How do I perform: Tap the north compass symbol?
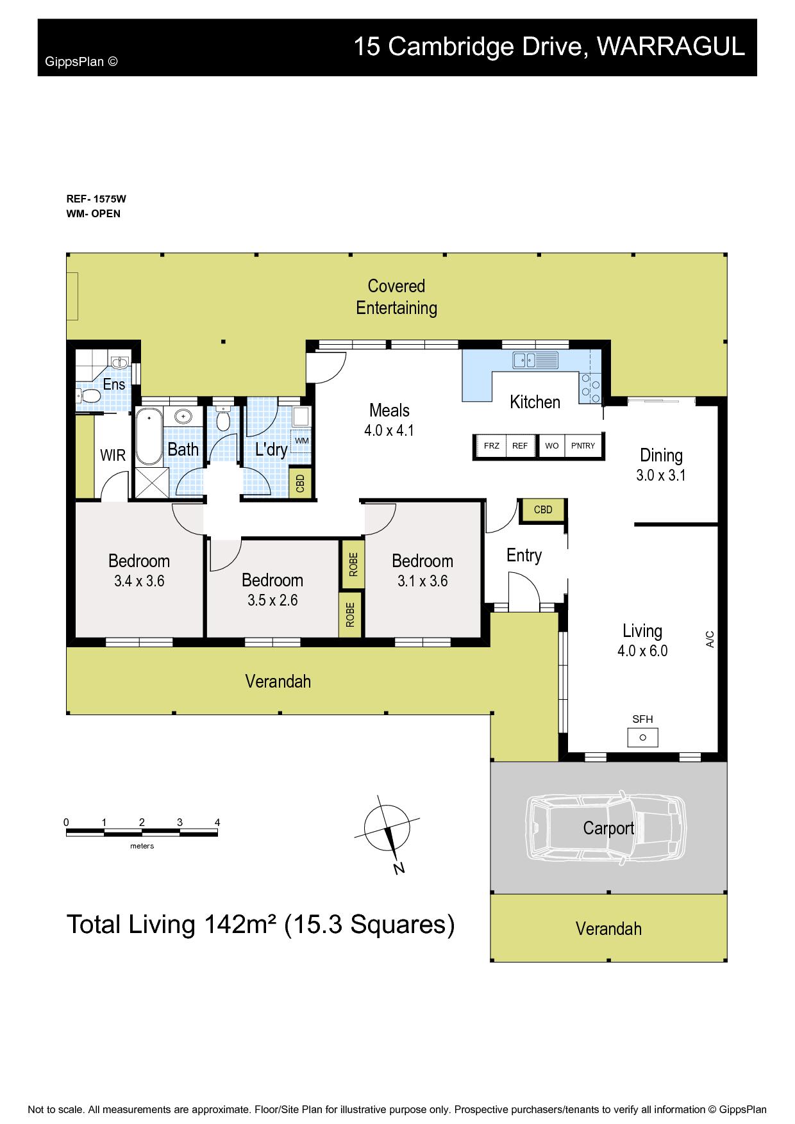pos(387,831)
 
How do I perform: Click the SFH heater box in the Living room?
pos(642,738)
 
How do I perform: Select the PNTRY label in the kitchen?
pos(583,446)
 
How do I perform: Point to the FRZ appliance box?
pos(492,446)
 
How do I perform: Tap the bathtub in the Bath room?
pos(149,436)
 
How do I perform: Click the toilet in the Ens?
pos(88,397)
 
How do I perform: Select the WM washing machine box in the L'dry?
pos(301,441)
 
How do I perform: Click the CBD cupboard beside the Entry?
pos(542,510)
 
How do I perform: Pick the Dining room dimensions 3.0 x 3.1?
pos(661,475)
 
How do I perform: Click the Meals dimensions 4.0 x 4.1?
pos(389,431)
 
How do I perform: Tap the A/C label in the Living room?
pos(710,639)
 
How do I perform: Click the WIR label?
pos(113,456)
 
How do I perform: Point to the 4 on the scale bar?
pos(217,822)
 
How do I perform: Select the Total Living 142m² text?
pos(172,925)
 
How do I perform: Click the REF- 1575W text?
pos(92,199)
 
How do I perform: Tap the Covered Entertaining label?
pos(397,297)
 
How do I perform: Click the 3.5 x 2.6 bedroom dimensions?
pos(272,600)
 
